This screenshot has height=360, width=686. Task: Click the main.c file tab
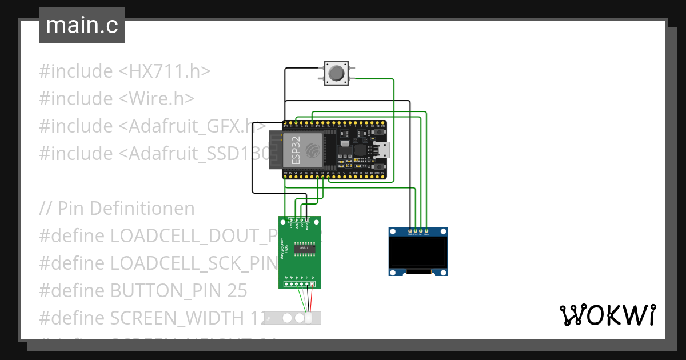click(x=82, y=25)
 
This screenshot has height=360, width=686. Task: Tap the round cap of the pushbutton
click(x=336, y=73)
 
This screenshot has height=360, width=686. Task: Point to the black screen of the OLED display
click(x=418, y=252)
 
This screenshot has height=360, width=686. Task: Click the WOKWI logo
click(x=607, y=315)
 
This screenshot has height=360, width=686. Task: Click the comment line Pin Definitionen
click(x=117, y=209)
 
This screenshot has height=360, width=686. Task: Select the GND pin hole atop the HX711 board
click(x=308, y=220)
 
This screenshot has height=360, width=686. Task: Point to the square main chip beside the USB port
click(x=361, y=150)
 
